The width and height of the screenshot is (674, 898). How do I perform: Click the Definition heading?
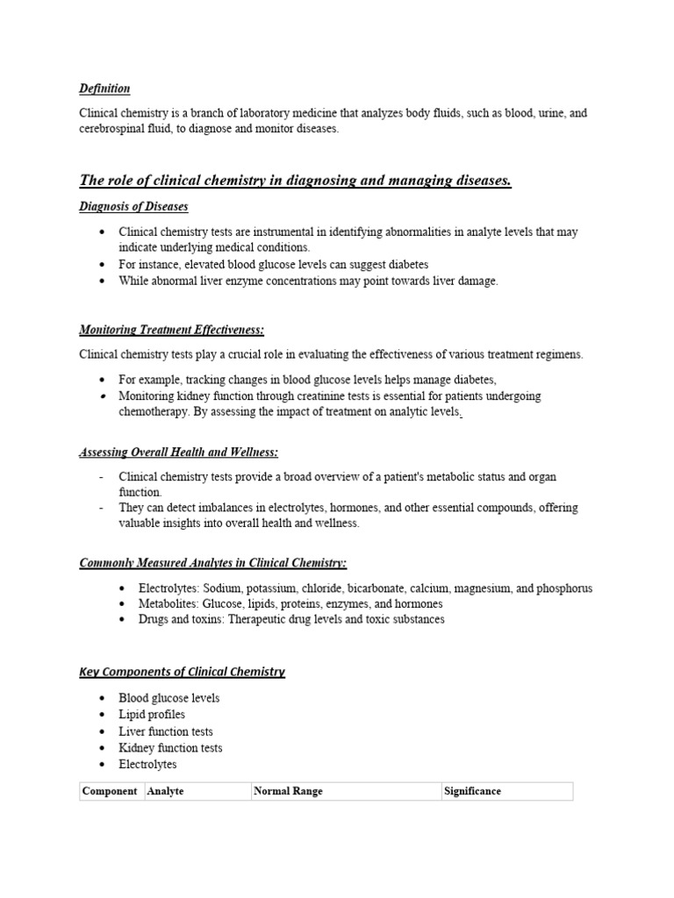pyautogui.click(x=104, y=89)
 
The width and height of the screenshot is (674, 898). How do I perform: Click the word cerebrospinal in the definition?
pyautogui.click(x=111, y=129)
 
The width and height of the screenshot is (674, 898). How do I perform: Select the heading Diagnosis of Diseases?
pyautogui.click(x=133, y=206)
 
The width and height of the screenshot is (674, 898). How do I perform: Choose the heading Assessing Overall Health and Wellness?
pyautogui.click(x=179, y=452)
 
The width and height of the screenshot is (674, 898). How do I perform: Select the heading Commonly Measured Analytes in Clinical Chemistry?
pyautogui.click(x=213, y=562)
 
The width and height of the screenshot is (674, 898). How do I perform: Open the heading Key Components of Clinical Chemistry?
pyautogui.click(x=182, y=672)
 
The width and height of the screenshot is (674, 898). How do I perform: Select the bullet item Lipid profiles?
pyautogui.click(x=152, y=715)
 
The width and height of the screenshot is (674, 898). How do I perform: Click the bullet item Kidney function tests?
pyautogui.click(x=170, y=748)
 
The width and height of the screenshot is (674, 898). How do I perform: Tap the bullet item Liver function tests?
pyautogui.click(x=166, y=731)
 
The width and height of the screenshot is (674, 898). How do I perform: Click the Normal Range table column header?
pyautogui.click(x=288, y=791)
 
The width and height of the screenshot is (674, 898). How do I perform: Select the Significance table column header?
pyautogui.click(x=472, y=791)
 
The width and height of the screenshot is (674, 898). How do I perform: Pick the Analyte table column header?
pyautogui.click(x=166, y=791)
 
